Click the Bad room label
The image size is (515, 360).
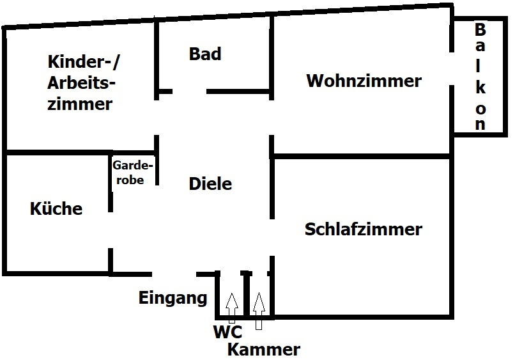click(x=205, y=54)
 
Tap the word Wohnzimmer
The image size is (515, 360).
click(x=364, y=81)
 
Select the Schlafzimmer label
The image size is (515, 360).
click(x=364, y=229)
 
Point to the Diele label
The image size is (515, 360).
click(x=210, y=184)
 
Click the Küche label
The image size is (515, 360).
click(x=56, y=208)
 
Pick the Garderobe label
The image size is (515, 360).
click(x=132, y=172)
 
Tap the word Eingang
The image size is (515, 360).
click(x=173, y=299)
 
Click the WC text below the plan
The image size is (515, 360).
click(x=227, y=332)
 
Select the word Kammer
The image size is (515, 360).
click(x=264, y=350)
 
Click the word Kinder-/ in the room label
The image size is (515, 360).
click(x=84, y=62)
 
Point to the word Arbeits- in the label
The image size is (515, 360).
click(x=81, y=83)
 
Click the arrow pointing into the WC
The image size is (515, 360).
click(x=232, y=308)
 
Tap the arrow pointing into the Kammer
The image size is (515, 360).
click(x=259, y=311)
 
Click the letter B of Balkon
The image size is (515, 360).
click(x=480, y=29)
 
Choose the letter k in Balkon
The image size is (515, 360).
click(x=480, y=88)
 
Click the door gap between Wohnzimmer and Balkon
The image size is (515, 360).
click(x=452, y=68)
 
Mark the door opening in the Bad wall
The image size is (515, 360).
click(x=190, y=91)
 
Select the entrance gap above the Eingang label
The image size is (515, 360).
click(x=174, y=274)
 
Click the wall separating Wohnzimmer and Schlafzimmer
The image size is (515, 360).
click(x=360, y=156)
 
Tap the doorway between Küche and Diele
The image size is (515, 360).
click(x=111, y=230)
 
